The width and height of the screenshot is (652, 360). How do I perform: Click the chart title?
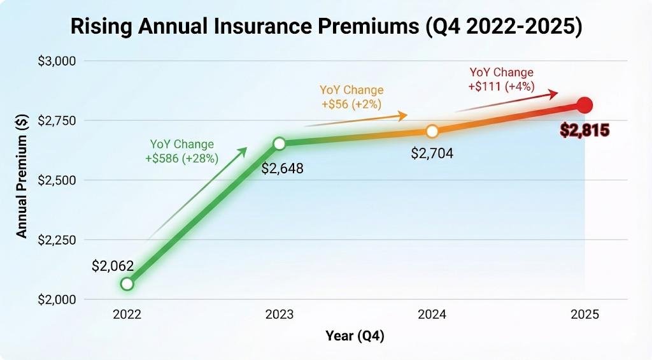[325, 28]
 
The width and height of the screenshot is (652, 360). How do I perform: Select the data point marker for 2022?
[127, 284]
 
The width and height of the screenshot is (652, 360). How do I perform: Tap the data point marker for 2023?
[279, 143]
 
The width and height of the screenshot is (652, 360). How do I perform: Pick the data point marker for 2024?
[432, 131]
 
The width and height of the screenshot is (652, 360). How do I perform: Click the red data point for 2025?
[585, 105]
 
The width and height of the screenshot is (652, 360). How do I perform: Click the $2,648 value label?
[283, 169]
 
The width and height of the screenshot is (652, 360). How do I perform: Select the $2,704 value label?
[432, 154]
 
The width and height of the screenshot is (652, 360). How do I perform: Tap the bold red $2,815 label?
[585, 131]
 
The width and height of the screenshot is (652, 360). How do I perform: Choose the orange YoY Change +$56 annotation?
[351, 97]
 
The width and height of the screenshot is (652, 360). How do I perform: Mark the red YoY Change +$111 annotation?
[502, 80]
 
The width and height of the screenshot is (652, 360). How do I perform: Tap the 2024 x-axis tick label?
[432, 315]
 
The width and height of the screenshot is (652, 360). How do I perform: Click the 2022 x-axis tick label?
[127, 315]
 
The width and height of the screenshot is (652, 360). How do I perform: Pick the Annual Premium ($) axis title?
[22, 180]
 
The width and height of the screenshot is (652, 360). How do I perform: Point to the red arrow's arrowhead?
[554, 93]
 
